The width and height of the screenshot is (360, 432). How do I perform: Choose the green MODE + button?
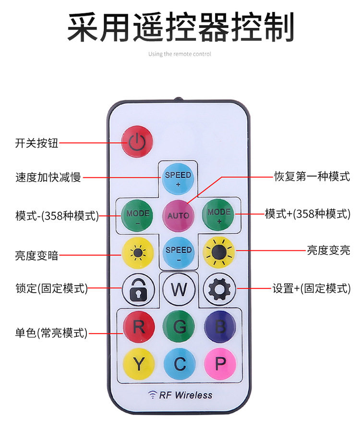click(219, 214)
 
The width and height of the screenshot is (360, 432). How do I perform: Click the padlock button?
click(138, 289)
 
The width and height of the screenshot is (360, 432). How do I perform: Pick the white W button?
click(179, 289)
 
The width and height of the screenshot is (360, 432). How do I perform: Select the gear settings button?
click(219, 289)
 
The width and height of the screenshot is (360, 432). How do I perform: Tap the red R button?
click(139, 327)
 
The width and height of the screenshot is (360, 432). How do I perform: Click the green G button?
click(180, 327)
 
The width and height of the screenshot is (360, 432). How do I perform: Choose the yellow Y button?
click(139, 364)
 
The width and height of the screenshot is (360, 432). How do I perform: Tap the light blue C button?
click(180, 364)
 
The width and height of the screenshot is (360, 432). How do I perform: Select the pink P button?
click(220, 364)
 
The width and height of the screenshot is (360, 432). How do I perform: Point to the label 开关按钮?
click(36, 143)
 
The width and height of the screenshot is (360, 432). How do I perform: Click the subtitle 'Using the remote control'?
click(180, 54)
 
